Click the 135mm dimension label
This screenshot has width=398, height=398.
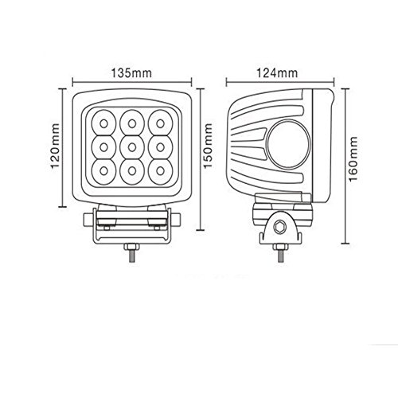point(131,73)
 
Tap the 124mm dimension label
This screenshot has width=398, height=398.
point(277,73)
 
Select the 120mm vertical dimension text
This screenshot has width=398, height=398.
point(55,146)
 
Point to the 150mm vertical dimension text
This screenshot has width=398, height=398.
point(207,146)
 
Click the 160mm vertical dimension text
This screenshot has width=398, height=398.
point(353,159)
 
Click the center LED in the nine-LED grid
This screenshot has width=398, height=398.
point(132,147)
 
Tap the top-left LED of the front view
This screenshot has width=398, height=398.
point(103,123)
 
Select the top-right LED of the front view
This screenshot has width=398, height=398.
point(160,123)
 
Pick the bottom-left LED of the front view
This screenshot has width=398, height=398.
point(103,171)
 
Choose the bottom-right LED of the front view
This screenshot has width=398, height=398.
point(160,171)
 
